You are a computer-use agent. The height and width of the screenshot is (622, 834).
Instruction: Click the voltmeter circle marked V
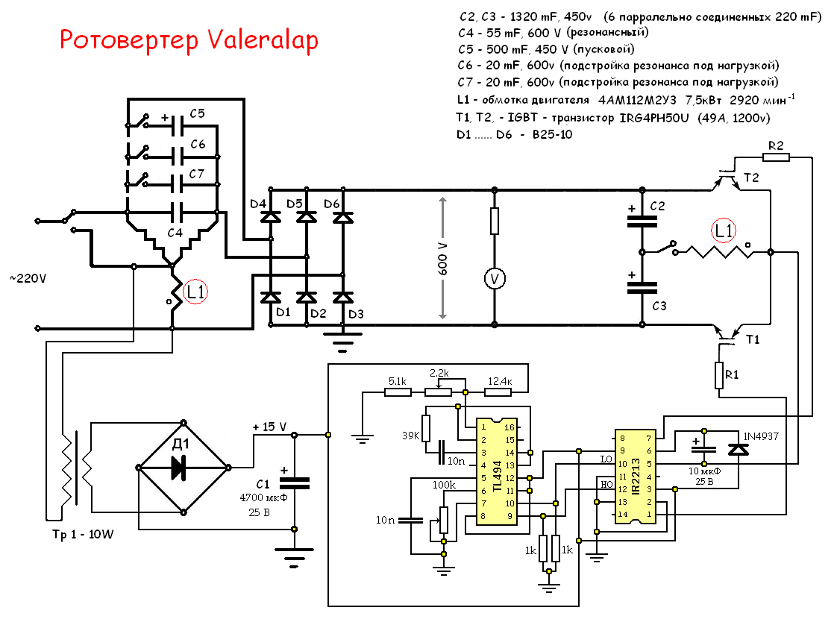(493, 278)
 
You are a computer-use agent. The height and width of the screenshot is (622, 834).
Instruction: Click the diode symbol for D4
(270, 216)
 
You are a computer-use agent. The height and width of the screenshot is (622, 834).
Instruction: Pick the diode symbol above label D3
(342, 297)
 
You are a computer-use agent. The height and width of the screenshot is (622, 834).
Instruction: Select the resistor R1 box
(721, 375)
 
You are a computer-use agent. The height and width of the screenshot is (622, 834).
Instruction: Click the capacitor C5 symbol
(178, 125)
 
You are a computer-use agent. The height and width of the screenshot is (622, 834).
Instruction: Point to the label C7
(197, 173)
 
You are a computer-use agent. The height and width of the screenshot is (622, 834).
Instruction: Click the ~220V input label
(27, 278)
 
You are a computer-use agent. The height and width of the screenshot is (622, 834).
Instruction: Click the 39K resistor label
(412, 436)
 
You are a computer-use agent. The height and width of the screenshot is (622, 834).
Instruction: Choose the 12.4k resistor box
(497, 392)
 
